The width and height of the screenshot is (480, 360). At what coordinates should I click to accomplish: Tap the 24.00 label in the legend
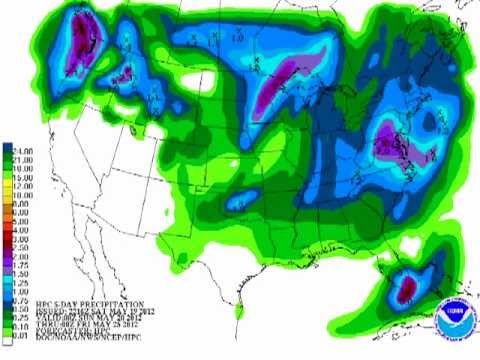(x=19, y=153)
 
